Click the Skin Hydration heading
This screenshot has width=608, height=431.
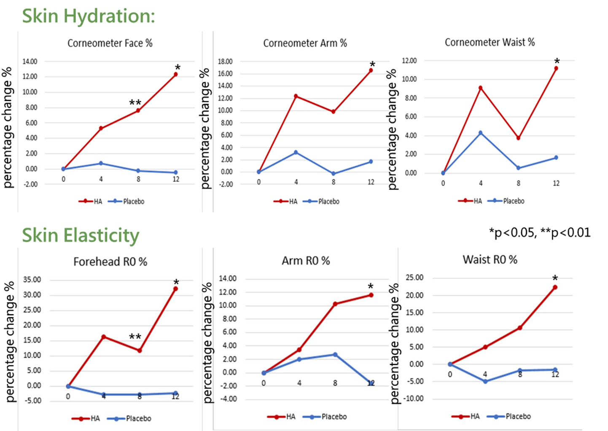click(89, 16)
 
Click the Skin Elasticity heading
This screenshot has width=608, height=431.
click(81, 235)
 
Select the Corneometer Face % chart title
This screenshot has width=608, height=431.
click(110, 43)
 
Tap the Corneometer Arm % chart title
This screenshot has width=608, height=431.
click(305, 43)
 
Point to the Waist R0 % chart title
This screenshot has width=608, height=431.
click(490, 260)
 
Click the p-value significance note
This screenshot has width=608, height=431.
click(540, 233)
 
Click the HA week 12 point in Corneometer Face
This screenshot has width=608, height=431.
click(175, 74)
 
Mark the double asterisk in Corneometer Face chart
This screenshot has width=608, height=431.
click(135, 103)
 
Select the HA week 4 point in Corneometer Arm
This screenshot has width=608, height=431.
click(296, 96)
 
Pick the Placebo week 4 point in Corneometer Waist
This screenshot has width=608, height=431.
click(480, 133)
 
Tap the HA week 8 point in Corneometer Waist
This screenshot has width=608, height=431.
click(518, 138)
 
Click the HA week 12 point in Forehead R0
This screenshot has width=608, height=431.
click(175, 289)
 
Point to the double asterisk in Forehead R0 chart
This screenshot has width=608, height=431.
click(135, 337)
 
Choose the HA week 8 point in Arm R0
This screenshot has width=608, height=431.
click(335, 304)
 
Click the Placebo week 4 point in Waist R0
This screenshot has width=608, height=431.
click(485, 381)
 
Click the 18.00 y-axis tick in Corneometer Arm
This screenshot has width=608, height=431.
click(225, 62)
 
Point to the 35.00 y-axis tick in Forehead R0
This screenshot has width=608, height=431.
click(32, 280)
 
